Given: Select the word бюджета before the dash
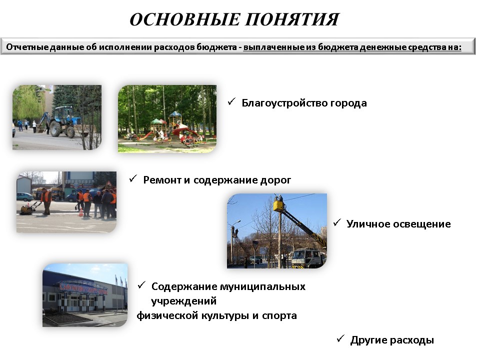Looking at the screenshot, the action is click(216, 47).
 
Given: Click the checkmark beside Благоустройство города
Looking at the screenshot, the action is click(231, 101).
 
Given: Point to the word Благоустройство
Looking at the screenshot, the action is click(284, 103).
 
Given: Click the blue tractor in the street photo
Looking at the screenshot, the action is click(65, 121).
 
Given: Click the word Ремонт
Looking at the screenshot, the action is click(162, 180).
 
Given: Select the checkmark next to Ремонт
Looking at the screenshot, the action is click(133, 178).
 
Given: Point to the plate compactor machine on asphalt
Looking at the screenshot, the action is click(28, 208).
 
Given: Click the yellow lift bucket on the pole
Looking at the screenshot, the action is click(278, 205).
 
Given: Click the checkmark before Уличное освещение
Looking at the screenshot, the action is click(337, 222).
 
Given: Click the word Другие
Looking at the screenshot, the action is click(369, 340).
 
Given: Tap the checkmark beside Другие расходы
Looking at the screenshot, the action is click(340, 338).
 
